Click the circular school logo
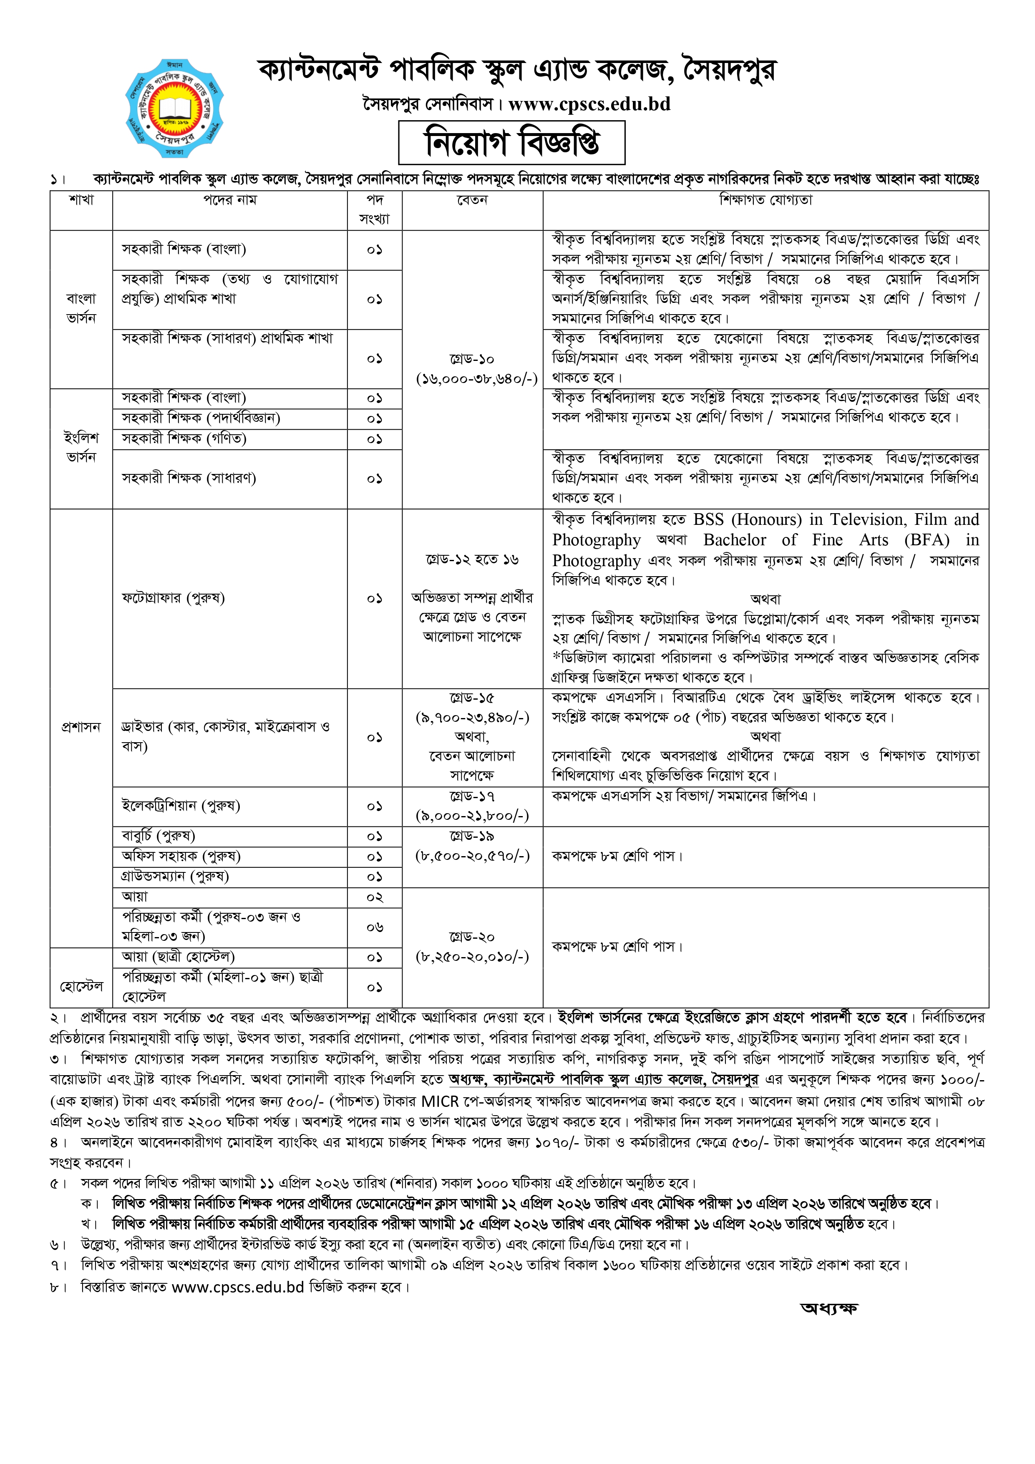click(x=174, y=108)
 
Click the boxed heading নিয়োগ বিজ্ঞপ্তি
click(x=511, y=143)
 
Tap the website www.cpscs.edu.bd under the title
click(x=589, y=104)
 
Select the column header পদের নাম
click(x=229, y=200)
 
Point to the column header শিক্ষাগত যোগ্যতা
click(x=765, y=200)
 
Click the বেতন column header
click(x=472, y=200)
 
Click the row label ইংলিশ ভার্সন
click(x=81, y=448)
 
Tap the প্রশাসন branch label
click(x=81, y=727)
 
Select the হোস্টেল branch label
click(x=81, y=986)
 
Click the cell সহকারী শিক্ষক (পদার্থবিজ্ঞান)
click(x=201, y=418)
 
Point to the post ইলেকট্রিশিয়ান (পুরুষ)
click(x=181, y=806)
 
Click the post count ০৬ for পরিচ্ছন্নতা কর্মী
click(x=374, y=927)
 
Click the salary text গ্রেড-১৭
click(x=472, y=796)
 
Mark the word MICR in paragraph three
click(x=440, y=1101)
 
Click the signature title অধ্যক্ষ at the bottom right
click(x=829, y=1308)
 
